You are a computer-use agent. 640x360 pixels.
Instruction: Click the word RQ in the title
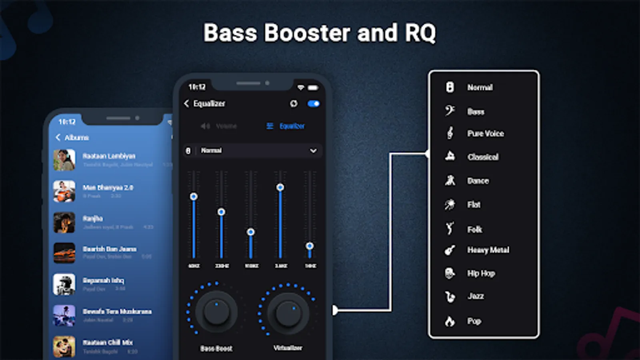(x=420, y=33)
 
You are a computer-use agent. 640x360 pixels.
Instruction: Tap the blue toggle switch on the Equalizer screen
(x=314, y=104)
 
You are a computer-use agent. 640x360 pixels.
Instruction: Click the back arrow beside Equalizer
(x=186, y=104)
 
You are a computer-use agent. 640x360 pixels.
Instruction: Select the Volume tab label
(x=226, y=126)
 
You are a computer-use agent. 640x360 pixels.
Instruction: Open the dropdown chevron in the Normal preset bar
(x=313, y=151)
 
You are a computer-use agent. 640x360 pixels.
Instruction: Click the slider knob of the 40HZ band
(x=194, y=196)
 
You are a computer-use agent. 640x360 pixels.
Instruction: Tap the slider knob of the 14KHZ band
(x=310, y=246)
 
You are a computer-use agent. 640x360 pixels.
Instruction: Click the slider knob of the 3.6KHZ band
(x=280, y=187)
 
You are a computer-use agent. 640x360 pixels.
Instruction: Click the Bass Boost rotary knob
(x=216, y=312)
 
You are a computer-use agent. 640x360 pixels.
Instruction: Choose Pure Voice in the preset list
(x=485, y=134)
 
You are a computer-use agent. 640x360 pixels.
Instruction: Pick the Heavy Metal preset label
(x=488, y=250)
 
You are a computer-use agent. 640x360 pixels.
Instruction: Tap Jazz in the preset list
(x=476, y=296)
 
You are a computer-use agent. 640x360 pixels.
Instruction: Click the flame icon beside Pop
(x=450, y=321)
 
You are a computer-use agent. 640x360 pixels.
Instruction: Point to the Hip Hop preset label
(x=481, y=274)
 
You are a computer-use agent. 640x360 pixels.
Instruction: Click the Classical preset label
(x=483, y=157)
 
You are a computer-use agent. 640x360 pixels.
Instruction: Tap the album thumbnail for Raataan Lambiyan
(x=64, y=160)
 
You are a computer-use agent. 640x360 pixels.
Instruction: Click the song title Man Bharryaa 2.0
(x=108, y=188)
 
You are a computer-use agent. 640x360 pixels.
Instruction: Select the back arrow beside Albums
(x=58, y=138)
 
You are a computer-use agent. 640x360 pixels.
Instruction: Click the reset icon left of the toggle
(x=294, y=104)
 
